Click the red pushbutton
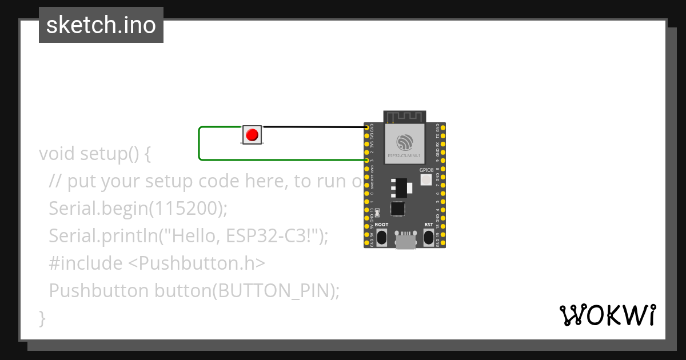tap(252, 135)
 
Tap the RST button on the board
tap(429, 237)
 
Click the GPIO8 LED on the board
tap(426, 180)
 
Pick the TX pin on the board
tap(444, 135)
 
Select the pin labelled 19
tap(444, 235)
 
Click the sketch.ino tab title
tap(101, 25)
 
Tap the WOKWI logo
tap(607, 315)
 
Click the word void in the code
tap(57, 154)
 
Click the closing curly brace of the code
tap(42, 318)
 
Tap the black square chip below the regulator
tap(398, 209)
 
